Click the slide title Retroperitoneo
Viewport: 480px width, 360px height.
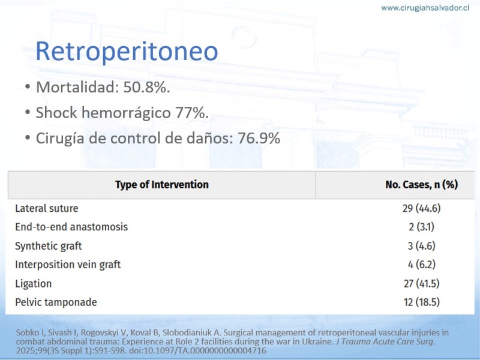click(x=127, y=51)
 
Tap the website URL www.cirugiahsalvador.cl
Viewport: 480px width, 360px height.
click(x=425, y=8)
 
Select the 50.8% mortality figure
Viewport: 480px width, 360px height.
click(x=146, y=87)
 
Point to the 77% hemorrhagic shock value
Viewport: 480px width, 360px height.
click(x=192, y=113)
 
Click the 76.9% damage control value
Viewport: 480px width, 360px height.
click(x=259, y=138)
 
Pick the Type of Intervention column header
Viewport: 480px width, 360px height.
click(x=162, y=185)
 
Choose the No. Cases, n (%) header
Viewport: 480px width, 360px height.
click(x=422, y=185)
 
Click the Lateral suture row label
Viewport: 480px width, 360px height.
click(x=47, y=208)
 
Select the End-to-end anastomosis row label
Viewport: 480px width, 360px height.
click(x=71, y=227)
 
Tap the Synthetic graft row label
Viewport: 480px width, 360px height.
click(x=49, y=246)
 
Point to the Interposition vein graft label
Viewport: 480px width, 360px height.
click(x=68, y=265)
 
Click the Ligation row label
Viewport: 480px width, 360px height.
click(x=34, y=284)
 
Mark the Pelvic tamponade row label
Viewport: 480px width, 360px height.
click(x=56, y=302)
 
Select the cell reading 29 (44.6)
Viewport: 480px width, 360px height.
click(x=422, y=208)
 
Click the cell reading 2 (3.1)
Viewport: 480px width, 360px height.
click(x=422, y=227)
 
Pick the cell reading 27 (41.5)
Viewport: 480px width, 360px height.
click(x=422, y=284)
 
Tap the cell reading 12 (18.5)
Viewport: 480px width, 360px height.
click(x=422, y=302)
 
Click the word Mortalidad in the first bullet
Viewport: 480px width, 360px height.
click(x=77, y=87)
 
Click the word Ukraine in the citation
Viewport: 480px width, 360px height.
click(x=317, y=341)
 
